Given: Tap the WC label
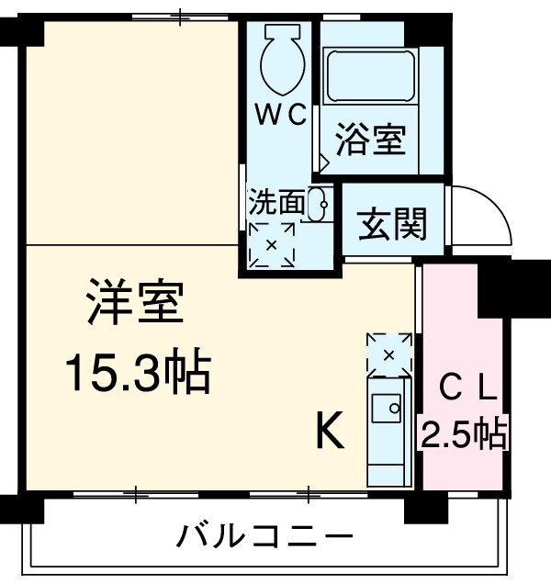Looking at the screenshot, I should coord(280,114).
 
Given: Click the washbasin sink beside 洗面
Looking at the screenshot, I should coord(320,205).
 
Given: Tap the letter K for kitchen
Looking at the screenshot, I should coord(331,431).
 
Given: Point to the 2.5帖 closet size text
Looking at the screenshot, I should coord(464,431).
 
